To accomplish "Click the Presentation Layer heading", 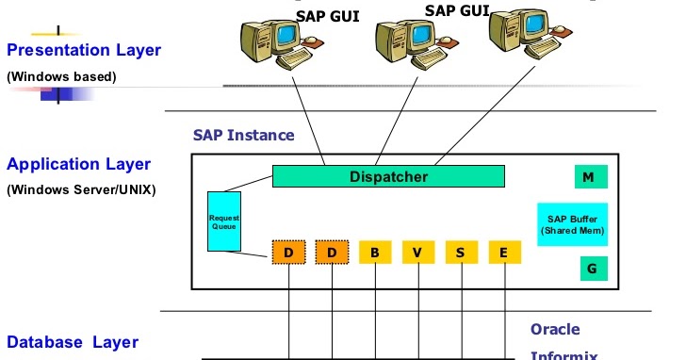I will coord(84,49).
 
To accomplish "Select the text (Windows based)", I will coord(61,76).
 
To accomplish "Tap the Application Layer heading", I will coord(78,164).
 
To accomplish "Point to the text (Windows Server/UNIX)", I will coord(81,189).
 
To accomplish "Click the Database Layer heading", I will coord(73,342).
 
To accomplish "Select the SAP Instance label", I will coord(243,135).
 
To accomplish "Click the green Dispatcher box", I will coord(388,176).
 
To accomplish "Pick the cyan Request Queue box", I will coord(224,222).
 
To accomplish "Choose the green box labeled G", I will coord(591,269).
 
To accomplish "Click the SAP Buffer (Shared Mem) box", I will coord(572,223).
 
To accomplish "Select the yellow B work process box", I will coord(374,253).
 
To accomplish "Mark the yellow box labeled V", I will coord(416,253).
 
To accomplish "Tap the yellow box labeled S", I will coord(460,253).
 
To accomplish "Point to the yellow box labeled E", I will coord(504,253).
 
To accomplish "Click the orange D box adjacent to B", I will coord(331,253).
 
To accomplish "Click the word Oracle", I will coord(555,330).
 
